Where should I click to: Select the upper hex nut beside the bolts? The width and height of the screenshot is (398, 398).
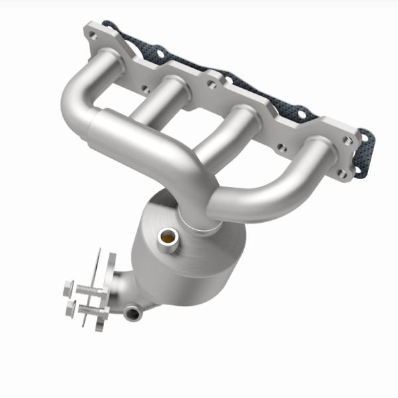pyautogui.click(x=68, y=288)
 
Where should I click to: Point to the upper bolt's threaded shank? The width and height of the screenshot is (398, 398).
pyautogui.click(x=88, y=290)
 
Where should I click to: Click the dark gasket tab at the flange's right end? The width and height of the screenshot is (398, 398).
pyautogui.click(x=364, y=156)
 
